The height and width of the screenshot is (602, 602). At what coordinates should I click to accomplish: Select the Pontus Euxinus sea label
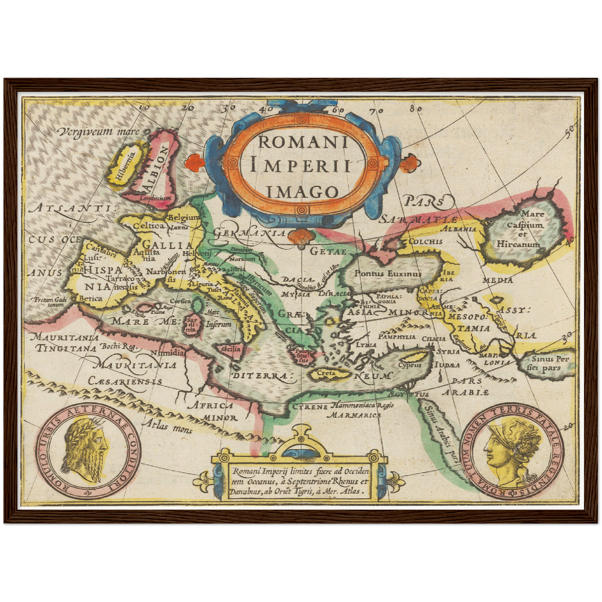(x=387, y=274)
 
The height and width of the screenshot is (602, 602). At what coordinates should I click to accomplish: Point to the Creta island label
(x=326, y=373)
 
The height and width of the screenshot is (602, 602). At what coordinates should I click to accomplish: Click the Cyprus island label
(x=410, y=365)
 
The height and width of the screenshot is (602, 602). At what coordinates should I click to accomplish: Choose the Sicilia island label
(x=231, y=348)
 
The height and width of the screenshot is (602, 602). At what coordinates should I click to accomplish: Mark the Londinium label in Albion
(x=155, y=198)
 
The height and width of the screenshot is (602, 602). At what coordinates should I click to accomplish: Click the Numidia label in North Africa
(x=167, y=352)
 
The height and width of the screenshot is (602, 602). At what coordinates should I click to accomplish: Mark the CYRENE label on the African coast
(x=310, y=406)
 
